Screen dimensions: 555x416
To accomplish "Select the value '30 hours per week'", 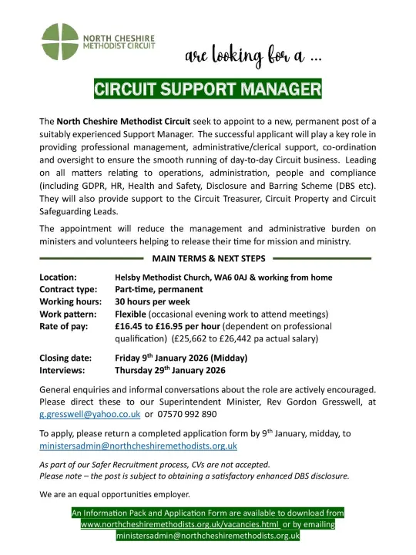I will click(x=153, y=302).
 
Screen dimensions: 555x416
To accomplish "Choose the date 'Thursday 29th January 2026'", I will click(x=170, y=370).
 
